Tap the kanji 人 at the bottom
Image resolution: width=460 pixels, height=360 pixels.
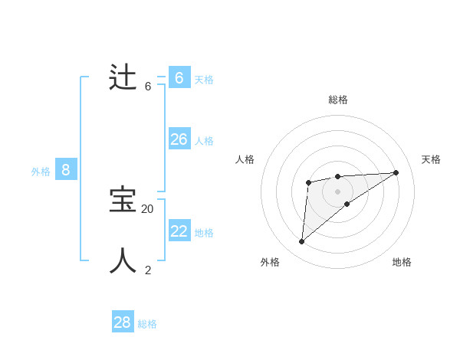point(123,260)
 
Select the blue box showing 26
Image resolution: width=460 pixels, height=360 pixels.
point(179,139)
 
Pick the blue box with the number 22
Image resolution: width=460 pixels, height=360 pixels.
point(179,231)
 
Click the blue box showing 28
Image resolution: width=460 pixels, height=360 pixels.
point(123,322)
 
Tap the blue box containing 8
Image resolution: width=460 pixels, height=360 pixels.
point(66,170)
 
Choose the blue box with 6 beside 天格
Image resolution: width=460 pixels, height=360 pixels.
point(179,77)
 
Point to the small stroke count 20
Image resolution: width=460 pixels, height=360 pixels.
point(147,208)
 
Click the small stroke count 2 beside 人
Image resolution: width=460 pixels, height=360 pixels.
point(148,270)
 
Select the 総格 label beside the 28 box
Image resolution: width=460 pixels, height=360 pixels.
point(147,324)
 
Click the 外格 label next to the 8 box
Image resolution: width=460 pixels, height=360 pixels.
point(41,172)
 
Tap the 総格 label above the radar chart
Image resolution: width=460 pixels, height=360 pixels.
point(338,100)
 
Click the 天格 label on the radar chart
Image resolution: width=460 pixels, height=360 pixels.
point(431,159)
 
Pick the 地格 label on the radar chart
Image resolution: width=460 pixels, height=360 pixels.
point(402,262)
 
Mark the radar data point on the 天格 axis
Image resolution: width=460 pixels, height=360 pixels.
point(396,172)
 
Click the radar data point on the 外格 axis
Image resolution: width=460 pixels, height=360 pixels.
point(302,241)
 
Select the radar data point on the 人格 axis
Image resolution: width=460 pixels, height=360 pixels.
point(308,182)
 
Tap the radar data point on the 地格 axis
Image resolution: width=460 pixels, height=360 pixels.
point(347,204)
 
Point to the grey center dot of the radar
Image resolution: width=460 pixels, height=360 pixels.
point(338,191)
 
